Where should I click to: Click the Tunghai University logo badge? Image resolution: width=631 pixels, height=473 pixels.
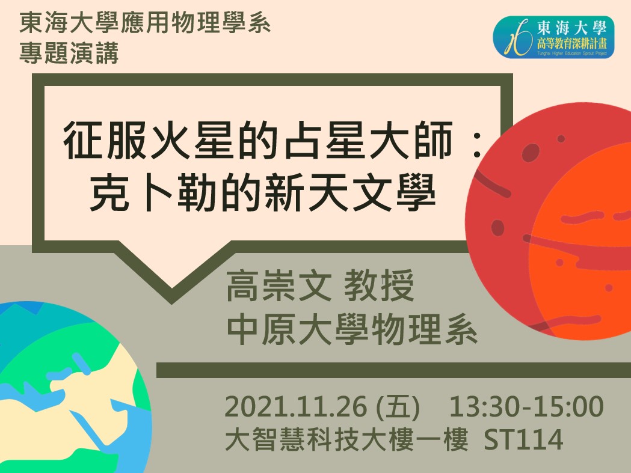point(553,37)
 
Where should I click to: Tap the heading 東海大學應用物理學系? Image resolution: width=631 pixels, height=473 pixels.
point(145,25)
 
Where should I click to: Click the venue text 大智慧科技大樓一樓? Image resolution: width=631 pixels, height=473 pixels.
point(346,440)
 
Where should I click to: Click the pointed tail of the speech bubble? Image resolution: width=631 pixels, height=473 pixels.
point(171,288)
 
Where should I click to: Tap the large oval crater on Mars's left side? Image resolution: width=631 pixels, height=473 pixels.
point(498,228)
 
